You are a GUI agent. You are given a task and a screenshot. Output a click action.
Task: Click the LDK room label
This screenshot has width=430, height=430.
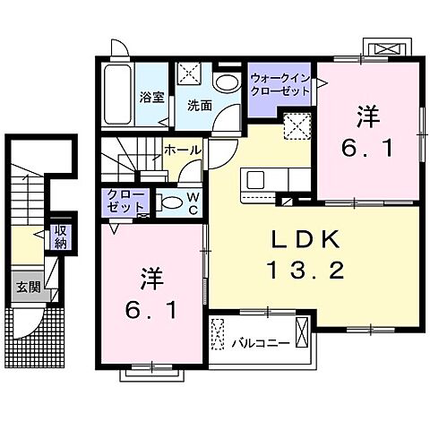coord(304,239)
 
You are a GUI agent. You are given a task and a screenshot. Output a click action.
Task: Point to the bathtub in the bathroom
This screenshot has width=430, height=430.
coord(116,97)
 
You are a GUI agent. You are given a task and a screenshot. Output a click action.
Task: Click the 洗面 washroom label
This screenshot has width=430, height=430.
coord(199,105)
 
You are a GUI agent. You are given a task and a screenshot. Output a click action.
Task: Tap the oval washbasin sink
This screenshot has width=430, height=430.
coord(228,82)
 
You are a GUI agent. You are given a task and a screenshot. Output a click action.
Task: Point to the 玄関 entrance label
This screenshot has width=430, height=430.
coord(26,287)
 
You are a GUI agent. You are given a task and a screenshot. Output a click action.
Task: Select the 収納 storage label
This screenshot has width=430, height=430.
coord(60,237)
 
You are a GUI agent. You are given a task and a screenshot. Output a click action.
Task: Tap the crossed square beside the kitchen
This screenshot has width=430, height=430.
coord(295,127)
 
